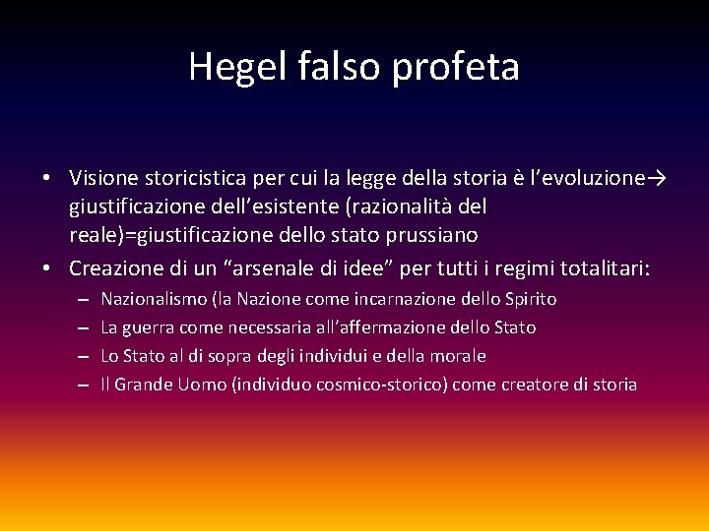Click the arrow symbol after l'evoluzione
(x=659, y=179)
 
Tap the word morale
(x=460, y=355)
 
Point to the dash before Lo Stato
(x=82, y=355)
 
